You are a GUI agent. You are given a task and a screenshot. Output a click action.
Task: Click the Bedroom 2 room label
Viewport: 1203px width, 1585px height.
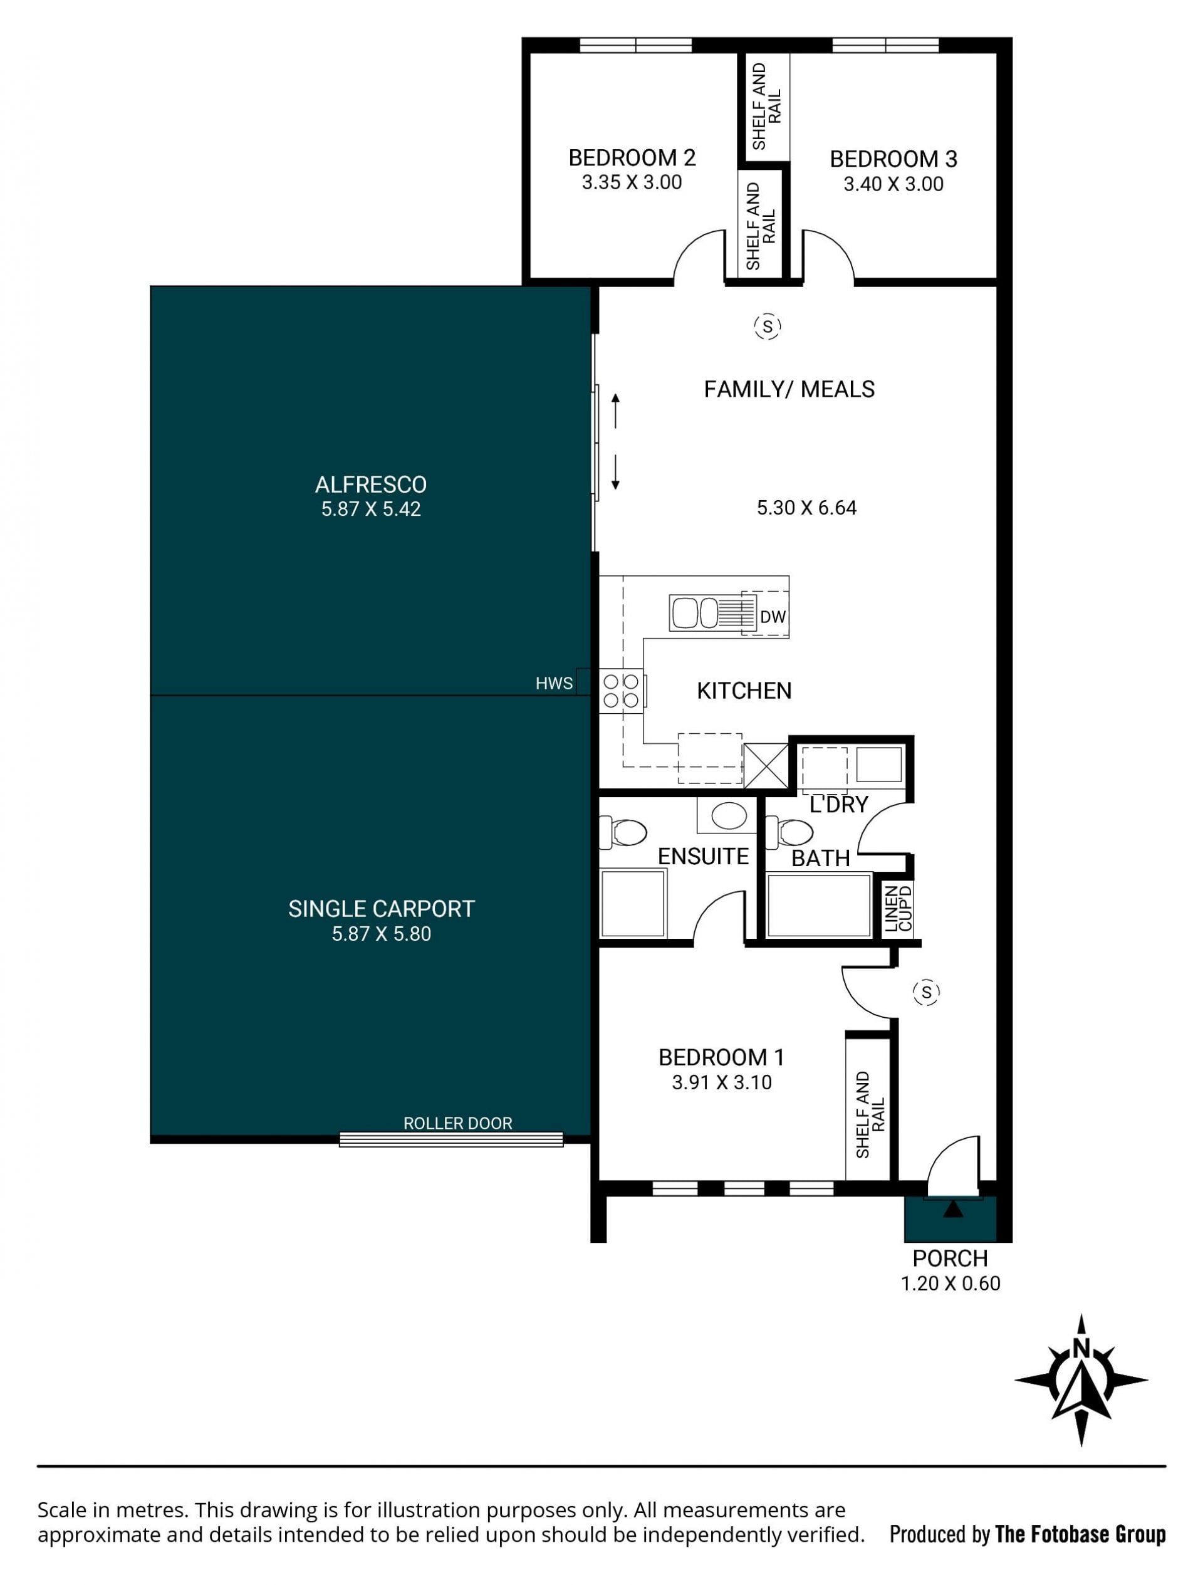point(632,158)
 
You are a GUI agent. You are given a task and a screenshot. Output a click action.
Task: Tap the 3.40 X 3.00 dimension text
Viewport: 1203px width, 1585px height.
point(893,184)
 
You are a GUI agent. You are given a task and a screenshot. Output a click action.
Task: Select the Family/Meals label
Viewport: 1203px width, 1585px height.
point(789,389)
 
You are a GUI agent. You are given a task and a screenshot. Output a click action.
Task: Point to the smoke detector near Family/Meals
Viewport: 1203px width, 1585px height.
point(768,327)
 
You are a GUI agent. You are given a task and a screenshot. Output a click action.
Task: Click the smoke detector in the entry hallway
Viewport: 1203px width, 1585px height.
point(927,992)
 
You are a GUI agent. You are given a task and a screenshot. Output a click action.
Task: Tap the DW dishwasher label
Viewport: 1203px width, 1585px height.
point(773,616)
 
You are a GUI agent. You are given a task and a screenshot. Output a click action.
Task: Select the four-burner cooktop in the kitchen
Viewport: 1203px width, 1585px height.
point(621,691)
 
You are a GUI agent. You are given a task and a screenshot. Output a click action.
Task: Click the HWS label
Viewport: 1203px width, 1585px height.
point(554,684)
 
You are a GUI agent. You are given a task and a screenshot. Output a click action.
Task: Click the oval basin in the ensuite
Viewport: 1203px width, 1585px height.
point(729,815)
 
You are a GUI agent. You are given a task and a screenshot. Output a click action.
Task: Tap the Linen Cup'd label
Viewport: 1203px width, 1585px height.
point(898,909)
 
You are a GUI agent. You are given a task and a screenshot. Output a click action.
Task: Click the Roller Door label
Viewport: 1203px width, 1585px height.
point(458,1124)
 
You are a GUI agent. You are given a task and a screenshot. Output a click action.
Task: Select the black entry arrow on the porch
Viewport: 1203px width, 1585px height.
point(953,1209)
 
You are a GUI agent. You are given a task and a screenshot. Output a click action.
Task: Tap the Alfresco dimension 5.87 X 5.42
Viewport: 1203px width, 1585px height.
point(371,510)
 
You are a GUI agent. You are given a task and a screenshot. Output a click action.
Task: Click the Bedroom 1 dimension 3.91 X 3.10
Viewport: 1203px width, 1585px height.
point(722,1083)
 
